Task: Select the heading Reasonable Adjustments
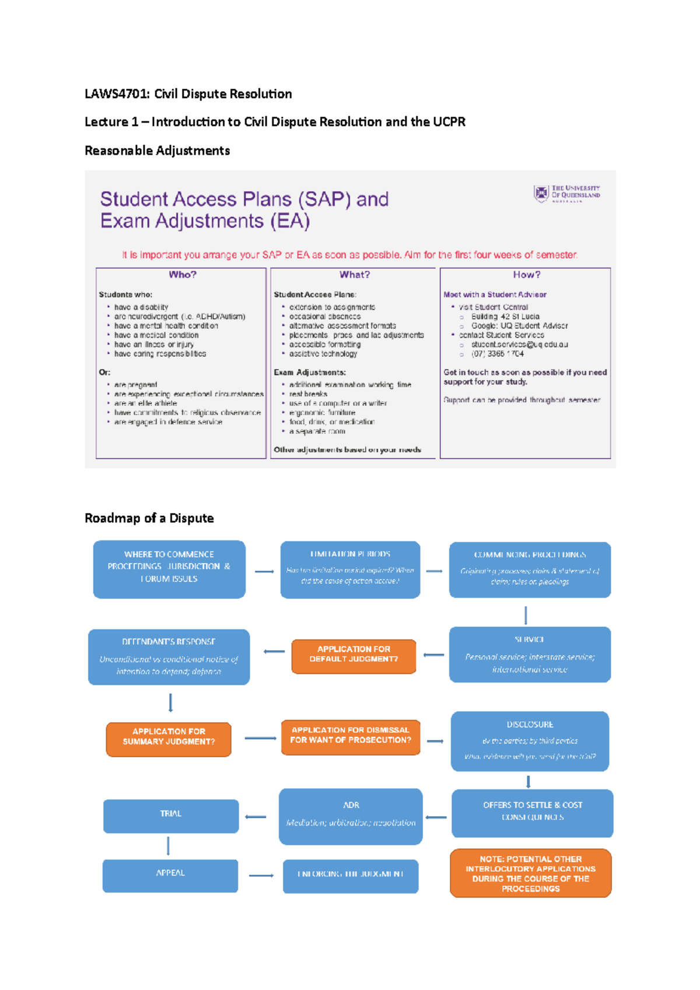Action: tap(157, 150)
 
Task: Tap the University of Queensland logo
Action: tap(566, 193)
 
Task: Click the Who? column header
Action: tap(182, 275)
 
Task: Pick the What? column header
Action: tap(354, 275)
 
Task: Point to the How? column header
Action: tap(526, 275)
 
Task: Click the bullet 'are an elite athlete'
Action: tap(146, 403)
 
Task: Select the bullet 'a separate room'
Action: tap(317, 431)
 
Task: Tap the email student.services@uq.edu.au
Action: tap(519, 344)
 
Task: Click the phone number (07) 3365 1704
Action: tap(497, 353)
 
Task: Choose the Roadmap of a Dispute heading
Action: tap(149, 518)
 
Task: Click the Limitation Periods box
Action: tap(350, 569)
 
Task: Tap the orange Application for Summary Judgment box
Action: tap(169, 738)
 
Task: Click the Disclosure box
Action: tap(530, 740)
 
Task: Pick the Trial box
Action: tap(171, 815)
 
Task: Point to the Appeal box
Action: tap(170, 875)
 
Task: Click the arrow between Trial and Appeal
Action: tap(168, 845)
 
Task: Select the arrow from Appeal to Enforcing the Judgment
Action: tap(261, 875)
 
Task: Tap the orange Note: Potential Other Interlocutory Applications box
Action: tap(530, 873)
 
